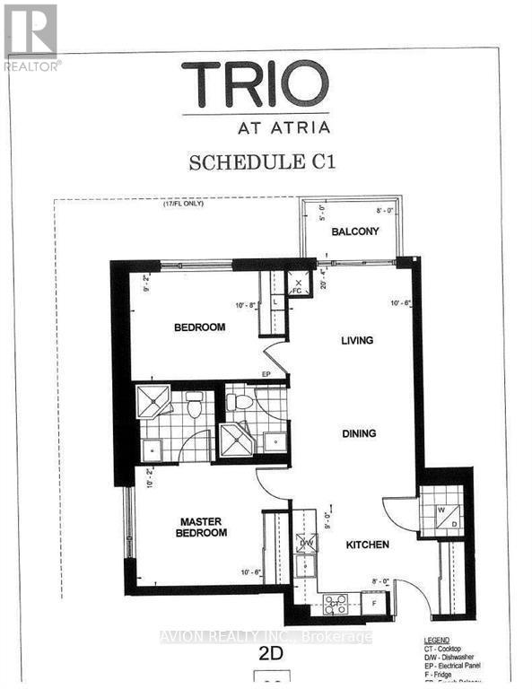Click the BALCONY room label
coord(354,231)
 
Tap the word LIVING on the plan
coord(356,340)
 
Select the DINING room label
coord(358,433)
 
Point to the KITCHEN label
coord(368,545)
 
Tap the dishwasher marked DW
coord(307,543)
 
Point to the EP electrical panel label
coord(266,374)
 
